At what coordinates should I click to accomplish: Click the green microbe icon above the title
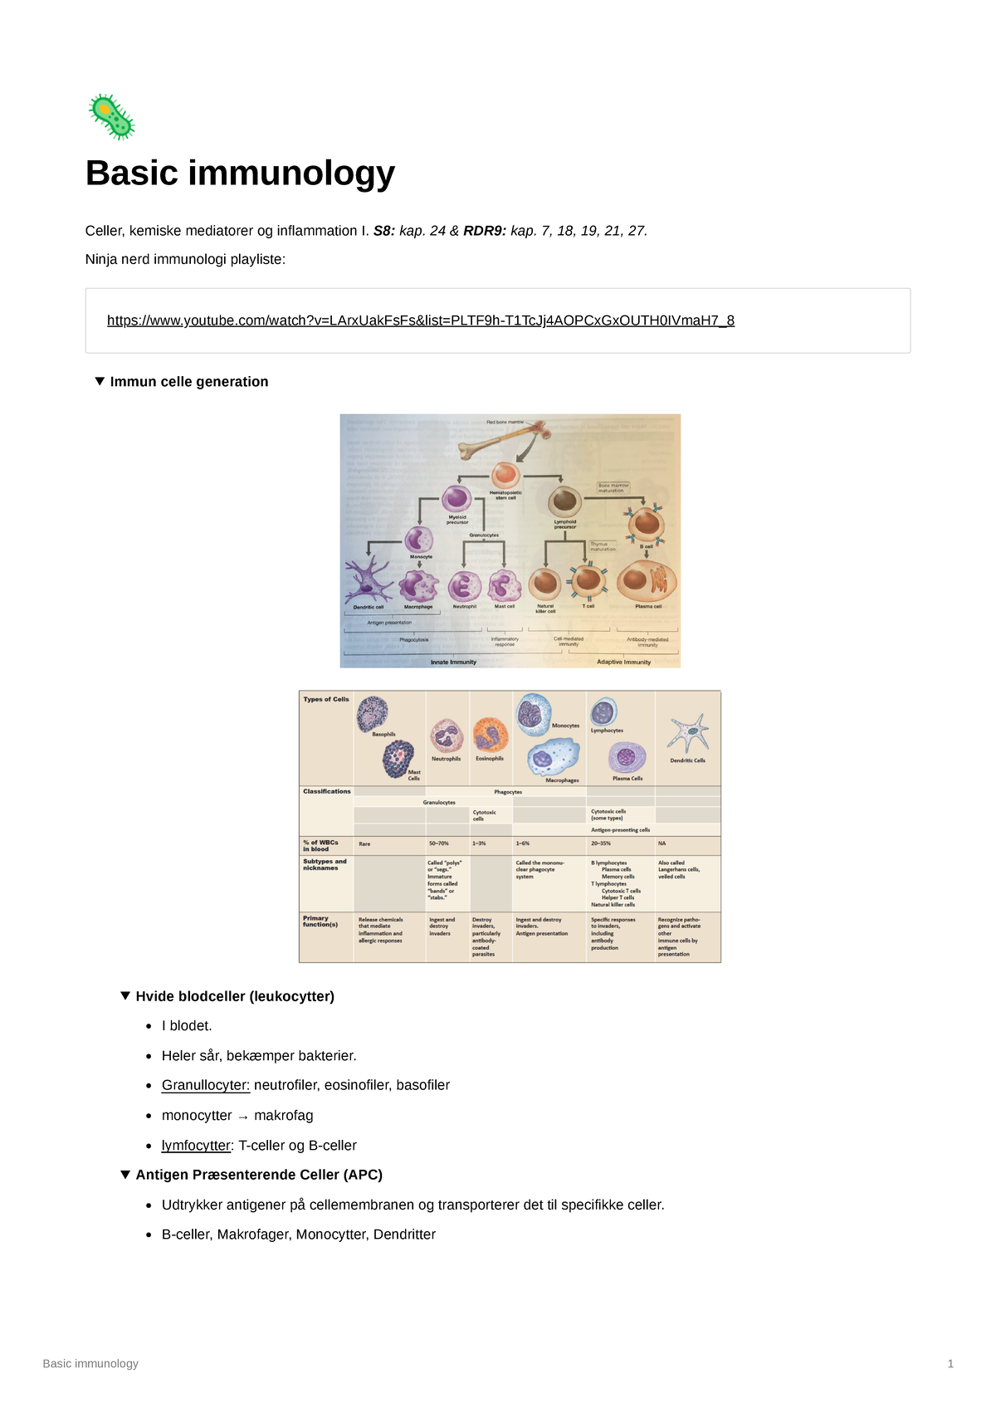click(x=111, y=116)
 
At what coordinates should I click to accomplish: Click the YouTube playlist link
click(x=420, y=320)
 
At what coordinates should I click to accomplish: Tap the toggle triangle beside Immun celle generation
click(x=100, y=381)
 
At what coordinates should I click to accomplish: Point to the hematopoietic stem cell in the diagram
click(x=505, y=476)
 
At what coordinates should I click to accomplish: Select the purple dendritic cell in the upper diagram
click(x=369, y=581)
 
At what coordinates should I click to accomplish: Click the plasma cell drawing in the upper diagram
click(x=647, y=581)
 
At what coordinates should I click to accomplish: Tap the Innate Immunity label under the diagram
click(x=453, y=662)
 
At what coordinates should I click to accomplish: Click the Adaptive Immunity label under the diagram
click(x=623, y=662)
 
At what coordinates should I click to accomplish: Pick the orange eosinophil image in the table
click(x=490, y=736)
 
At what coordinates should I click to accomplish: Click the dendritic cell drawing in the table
click(x=688, y=734)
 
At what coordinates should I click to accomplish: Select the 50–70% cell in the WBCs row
click(x=438, y=843)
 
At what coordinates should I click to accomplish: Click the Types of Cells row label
click(x=326, y=699)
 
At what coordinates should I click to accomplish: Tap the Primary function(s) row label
click(x=320, y=922)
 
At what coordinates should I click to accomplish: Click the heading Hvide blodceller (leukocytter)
click(x=235, y=996)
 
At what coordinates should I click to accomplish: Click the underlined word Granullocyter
click(x=205, y=1085)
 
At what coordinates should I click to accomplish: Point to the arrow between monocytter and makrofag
click(x=243, y=1117)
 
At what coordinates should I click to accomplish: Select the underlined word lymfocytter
click(x=196, y=1146)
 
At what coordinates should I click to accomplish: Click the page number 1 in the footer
click(x=950, y=1363)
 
